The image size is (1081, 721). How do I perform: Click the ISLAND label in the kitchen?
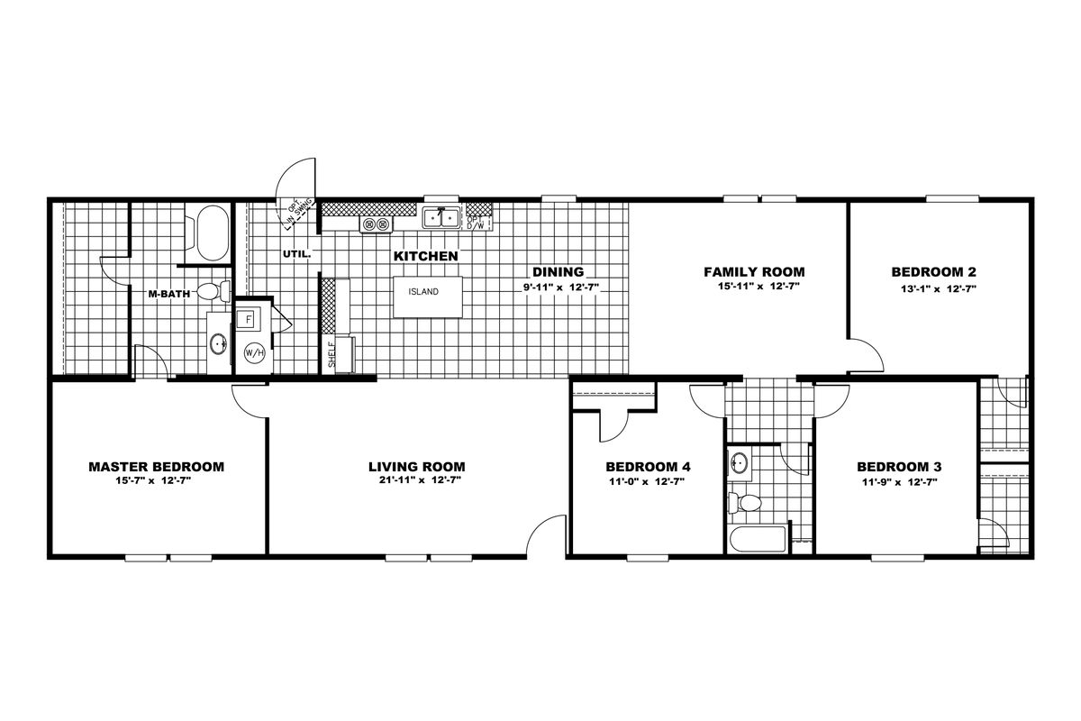pos(423,292)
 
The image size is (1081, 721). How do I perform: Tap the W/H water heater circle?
pos(254,353)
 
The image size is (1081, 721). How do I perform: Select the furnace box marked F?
pos(249,319)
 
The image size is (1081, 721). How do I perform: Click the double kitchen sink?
pos(441,218)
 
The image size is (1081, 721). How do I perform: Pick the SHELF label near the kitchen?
pos(332,354)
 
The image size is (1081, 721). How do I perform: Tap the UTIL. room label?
pos(296,253)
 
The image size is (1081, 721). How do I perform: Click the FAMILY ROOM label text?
pos(754,272)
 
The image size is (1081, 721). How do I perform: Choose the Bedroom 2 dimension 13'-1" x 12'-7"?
pos(939,289)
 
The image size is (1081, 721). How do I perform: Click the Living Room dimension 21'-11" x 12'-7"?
pos(420,480)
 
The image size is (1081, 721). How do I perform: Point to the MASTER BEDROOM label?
pos(157,467)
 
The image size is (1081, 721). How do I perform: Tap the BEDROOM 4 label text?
pos(648,467)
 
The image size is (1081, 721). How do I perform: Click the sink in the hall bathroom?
pos(739,462)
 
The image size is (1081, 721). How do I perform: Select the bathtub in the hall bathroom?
pos(758,539)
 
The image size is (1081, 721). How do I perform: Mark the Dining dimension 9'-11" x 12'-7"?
pos(561,287)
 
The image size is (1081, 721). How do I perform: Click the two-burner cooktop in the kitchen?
pos(376,224)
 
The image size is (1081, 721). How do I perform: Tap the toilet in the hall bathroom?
pos(745,503)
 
